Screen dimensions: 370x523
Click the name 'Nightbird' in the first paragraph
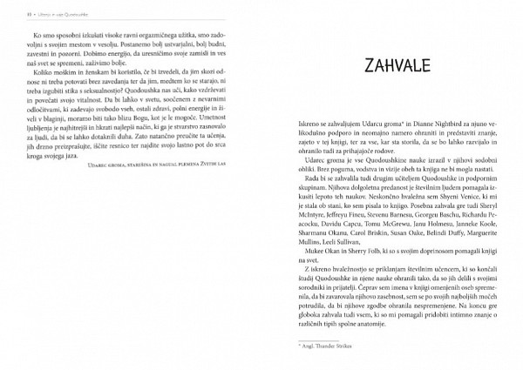(x=449, y=123)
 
